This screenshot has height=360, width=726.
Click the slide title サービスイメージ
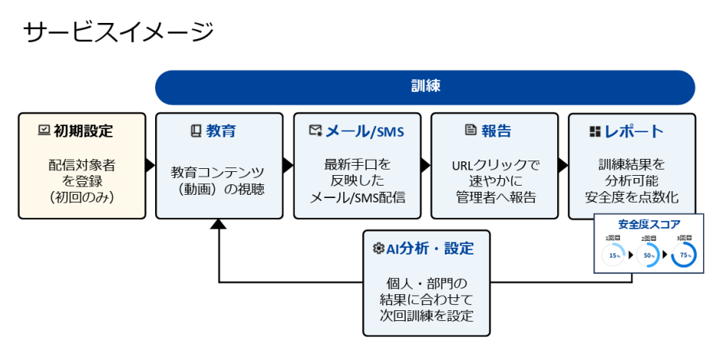tap(118, 32)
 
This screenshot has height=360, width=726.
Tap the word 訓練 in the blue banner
tap(425, 86)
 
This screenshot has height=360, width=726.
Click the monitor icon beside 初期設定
tap(43, 131)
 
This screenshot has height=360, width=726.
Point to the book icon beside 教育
tap(195, 131)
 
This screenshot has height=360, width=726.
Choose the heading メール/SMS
tap(365, 131)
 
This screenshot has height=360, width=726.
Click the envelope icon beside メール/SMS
tap(315, 131)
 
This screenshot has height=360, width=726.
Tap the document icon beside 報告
tap(470, 131)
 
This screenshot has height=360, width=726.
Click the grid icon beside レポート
tap(595, 131)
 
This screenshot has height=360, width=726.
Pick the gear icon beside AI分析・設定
tap(378, 248)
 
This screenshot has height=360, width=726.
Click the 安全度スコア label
tap(649, 225)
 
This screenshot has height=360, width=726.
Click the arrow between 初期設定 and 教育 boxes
tap(151, 165)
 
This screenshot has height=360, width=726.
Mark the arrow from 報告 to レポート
tap(562, 165)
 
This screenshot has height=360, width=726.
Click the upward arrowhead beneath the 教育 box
tap(219, 224)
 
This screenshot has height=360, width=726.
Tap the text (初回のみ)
tap(82, 196)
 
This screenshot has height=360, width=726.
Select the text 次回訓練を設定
tap(426, 316)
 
